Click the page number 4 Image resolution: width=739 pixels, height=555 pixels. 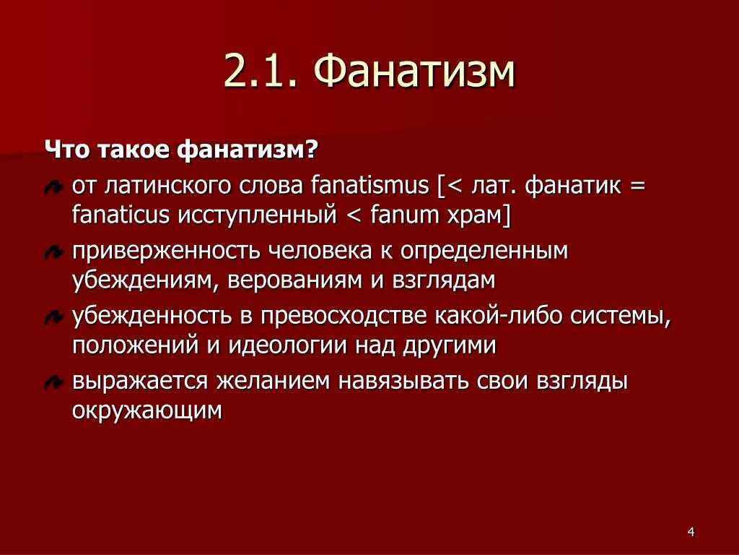click(x=691, y=533)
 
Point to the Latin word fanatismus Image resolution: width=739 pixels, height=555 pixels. click(x=369, y=186)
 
